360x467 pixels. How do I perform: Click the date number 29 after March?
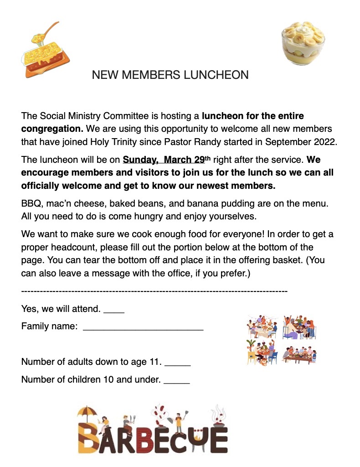[x=199, y=160]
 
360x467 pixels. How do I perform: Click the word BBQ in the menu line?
[x=31, y=203]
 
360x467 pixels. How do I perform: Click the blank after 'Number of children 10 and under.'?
[x=176, y=381]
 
